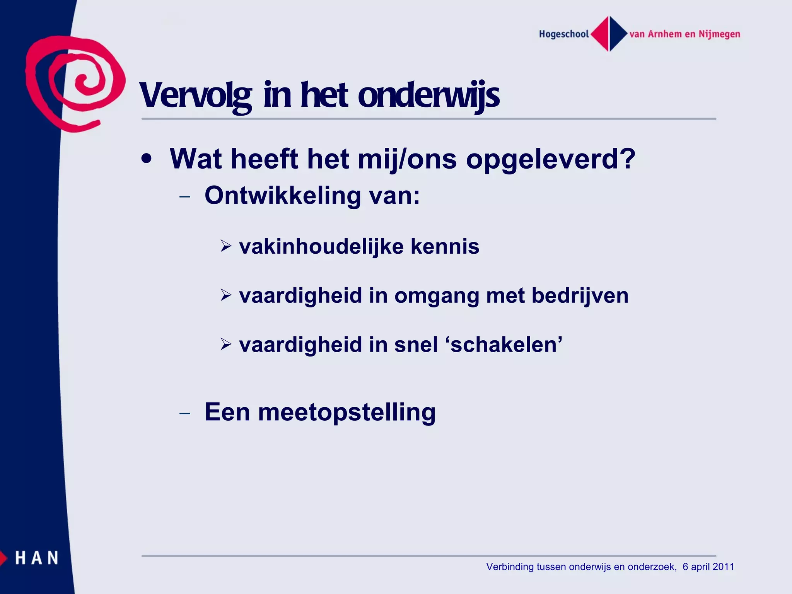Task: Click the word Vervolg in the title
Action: point(195,96)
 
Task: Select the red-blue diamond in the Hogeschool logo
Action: point(609,34)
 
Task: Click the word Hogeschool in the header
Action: point(563,34)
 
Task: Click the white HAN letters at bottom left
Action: point(37,558)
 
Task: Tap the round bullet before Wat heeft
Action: point(146,159)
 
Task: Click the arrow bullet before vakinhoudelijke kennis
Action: point(226,246)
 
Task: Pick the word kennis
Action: point(445,246)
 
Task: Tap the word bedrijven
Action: point(580,296)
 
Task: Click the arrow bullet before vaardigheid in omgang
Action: point(226,295)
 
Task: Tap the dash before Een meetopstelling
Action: point(185,413)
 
